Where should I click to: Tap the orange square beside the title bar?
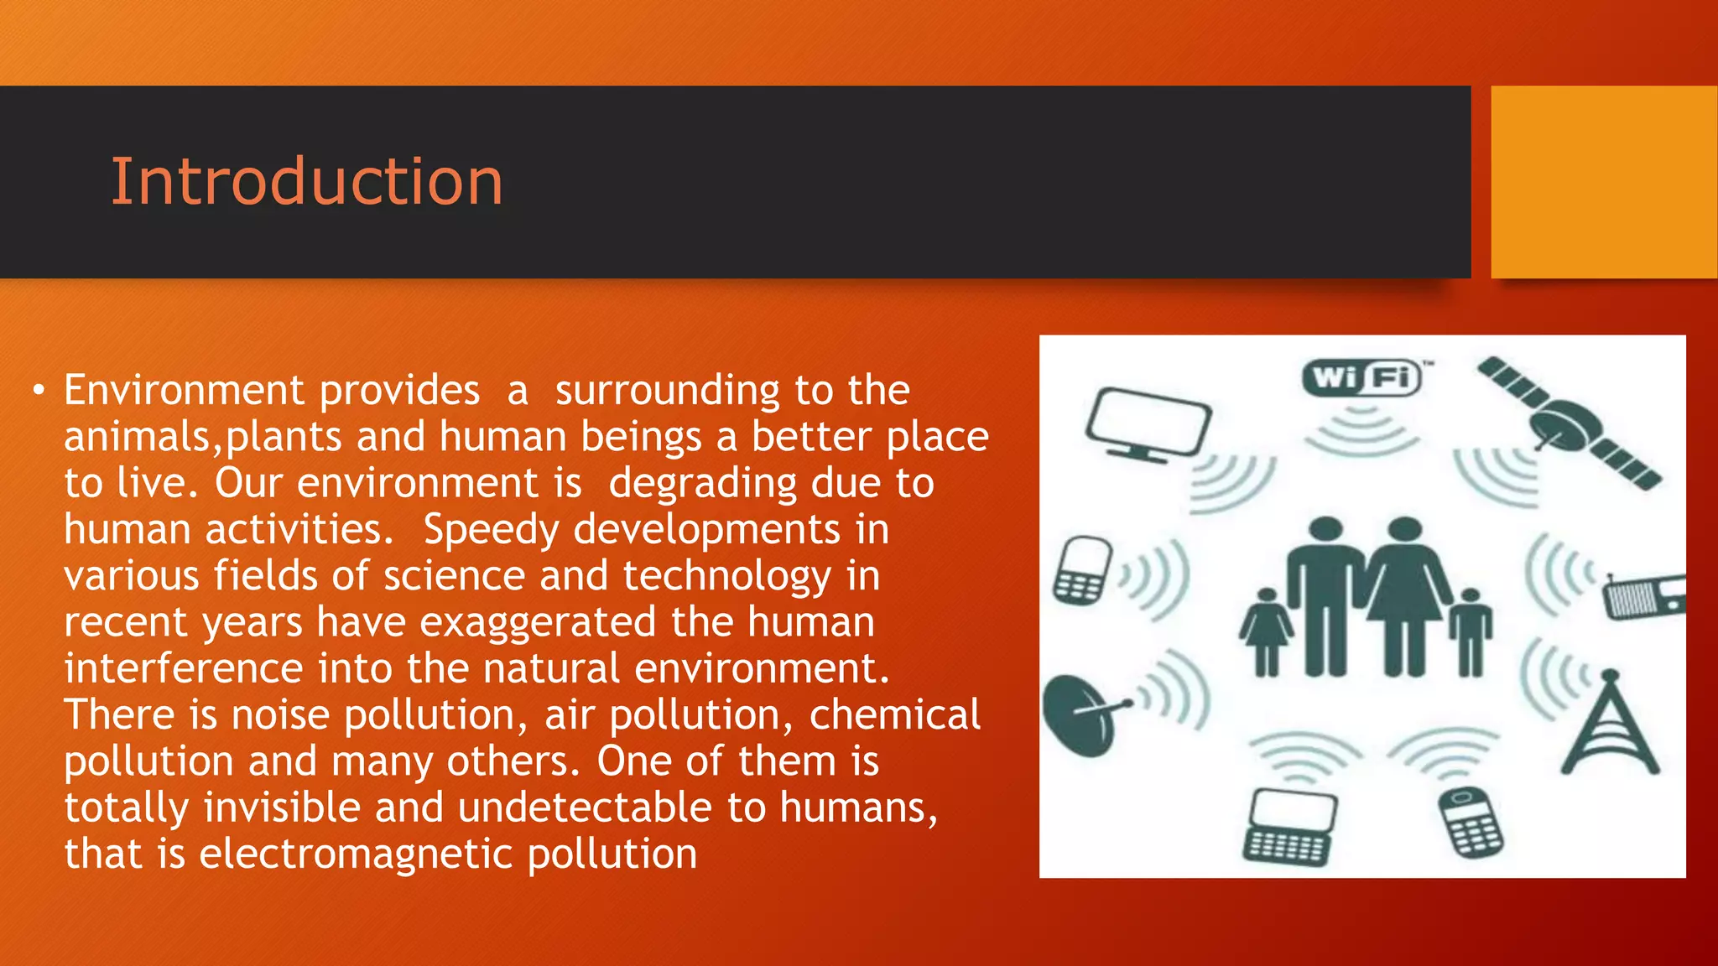pyautogui.click(x=1603, y=181)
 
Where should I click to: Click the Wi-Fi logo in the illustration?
pyautogui.click(x=1362, y=377)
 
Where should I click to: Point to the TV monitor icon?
pyautogui.click(x=1148, y=424)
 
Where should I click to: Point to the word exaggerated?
pyautogui.click(x=538, y=623)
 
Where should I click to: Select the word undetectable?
pyautogui.click(x=585, y=808)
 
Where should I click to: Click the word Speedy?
pyautogui.click(x=491, y=531)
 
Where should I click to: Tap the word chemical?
pyautogui.click(x=894, y=714)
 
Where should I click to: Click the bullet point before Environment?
pyautogui.click(x=38, y=391)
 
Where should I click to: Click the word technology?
pyautogui.click(x=726, y=577)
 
